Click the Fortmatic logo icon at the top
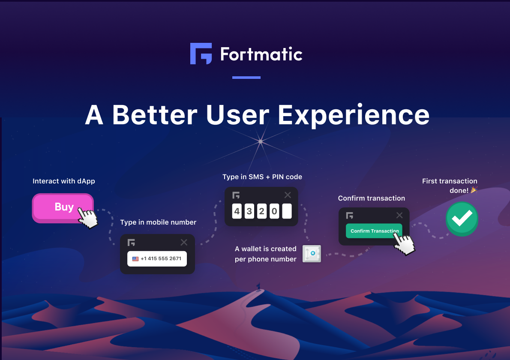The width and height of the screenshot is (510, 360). click(201, 54)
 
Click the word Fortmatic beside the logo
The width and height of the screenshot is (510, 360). click(261, 54)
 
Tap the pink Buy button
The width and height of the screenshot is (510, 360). click(63, 208)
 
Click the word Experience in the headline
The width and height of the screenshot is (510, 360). click(354, 115)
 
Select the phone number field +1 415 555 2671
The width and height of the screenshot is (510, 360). click(157, 258)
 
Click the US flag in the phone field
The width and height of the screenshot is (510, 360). click(135, 259)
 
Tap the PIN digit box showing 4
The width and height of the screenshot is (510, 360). click(237, 211)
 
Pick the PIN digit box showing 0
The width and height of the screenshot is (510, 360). click(274, 211)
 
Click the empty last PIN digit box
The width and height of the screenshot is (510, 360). click(287, 211)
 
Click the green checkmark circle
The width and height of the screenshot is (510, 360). click(462, 219)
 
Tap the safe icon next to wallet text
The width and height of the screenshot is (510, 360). click(312, 254)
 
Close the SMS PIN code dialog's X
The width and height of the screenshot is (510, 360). click(288, 195)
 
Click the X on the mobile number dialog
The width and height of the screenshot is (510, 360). click(184, 242)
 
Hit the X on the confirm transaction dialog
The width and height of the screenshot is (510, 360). click(399, 215)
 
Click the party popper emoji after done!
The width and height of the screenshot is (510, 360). click(474, 189)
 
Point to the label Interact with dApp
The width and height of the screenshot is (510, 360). click(64, 181)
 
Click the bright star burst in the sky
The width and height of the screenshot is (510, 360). click(261, 141)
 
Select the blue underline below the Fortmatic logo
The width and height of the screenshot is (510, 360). click(246, 78)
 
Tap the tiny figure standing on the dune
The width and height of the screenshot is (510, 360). click(259, 287)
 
